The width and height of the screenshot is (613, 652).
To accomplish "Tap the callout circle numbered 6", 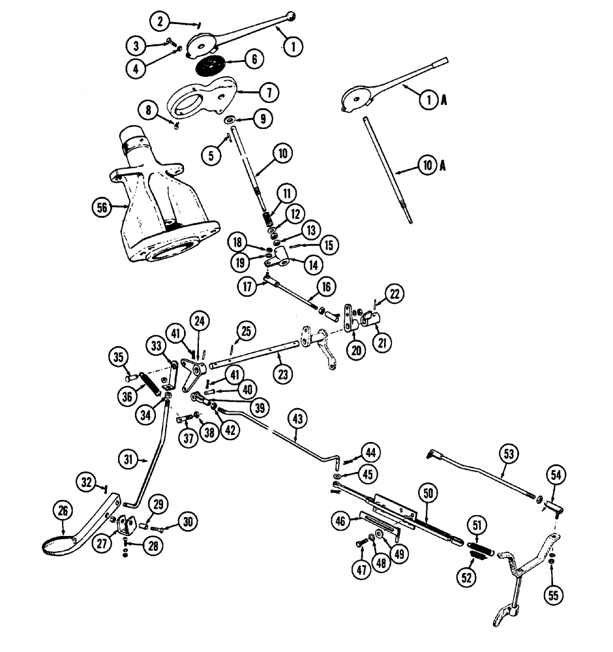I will tap(254, 59).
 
